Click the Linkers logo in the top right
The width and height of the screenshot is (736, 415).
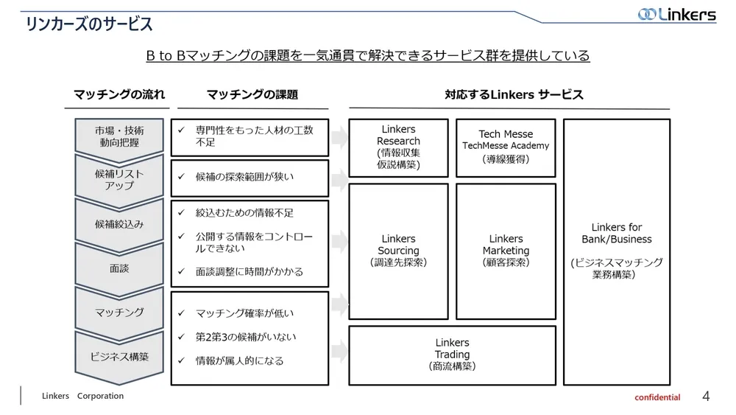[x=676, y=14]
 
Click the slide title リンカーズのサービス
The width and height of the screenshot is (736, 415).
[x=89, y=24]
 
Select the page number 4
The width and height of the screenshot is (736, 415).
[x=706, y=397]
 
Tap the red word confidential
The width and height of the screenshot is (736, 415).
[x=657, y=397]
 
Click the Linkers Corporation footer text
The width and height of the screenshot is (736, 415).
[x=82, y=396]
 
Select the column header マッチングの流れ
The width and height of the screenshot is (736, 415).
[x=119, y=94]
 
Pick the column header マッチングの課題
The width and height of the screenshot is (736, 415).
[x=252, y=94]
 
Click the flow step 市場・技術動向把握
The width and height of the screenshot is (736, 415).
[x=119, y=136]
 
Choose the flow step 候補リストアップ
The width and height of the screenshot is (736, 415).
[x=119, y=179]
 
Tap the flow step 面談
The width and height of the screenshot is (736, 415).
[x=119, y=268]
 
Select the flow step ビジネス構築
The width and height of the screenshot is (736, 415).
[x=119, y=357]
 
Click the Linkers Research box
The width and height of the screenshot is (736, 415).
[x=398, y=147]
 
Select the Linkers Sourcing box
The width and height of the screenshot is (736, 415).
[x=398, y=251]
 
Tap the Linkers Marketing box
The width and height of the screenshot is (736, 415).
[x=506, y=251]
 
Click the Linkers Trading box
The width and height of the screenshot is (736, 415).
[x=452, y=355]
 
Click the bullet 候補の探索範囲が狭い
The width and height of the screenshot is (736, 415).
[x=244, y=177]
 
